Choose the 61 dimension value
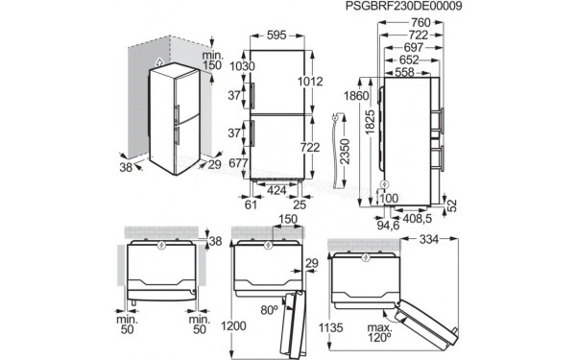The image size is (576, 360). tap(252, 205)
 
